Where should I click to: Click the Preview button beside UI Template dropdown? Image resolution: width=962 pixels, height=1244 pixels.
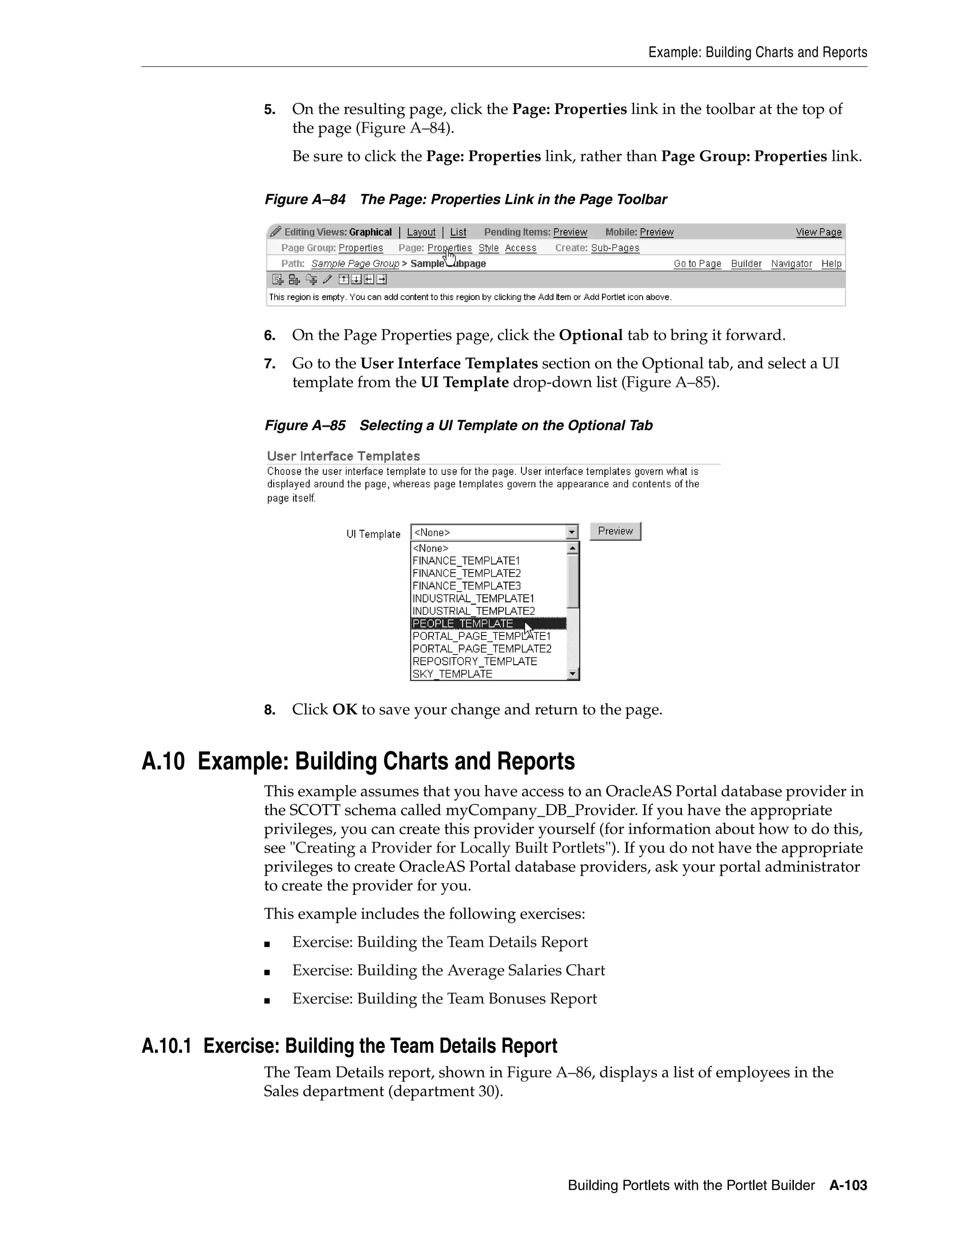click(615, 531)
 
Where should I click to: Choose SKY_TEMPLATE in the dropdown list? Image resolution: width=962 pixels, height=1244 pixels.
click(452, 674)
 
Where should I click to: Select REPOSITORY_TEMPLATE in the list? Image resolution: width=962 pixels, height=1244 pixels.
click(475, 661)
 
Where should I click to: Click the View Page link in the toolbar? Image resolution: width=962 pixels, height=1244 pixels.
click(818, 232)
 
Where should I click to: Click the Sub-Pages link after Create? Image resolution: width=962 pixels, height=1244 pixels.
click(615, 248)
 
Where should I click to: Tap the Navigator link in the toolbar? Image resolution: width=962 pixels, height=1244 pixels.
click(791, 263)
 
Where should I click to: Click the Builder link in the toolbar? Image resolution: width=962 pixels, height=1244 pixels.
click(746, 263)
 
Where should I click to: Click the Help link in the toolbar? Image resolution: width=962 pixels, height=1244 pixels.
click(831, 263)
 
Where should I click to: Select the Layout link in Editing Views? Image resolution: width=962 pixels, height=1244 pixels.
click(421, 232)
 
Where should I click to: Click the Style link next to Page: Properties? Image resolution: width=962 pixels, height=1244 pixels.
click(489, 248)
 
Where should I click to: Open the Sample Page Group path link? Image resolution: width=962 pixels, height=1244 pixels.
click(355, 263)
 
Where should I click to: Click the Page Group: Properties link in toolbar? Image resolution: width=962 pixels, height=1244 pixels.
click(360, 248)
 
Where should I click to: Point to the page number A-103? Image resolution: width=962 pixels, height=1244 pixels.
click(848, 1185)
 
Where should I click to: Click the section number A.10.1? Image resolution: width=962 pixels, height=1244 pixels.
click(166, 1046)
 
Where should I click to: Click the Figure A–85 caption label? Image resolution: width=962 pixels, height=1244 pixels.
click(305, 425)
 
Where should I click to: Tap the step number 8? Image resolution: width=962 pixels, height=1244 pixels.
click(269, 710)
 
